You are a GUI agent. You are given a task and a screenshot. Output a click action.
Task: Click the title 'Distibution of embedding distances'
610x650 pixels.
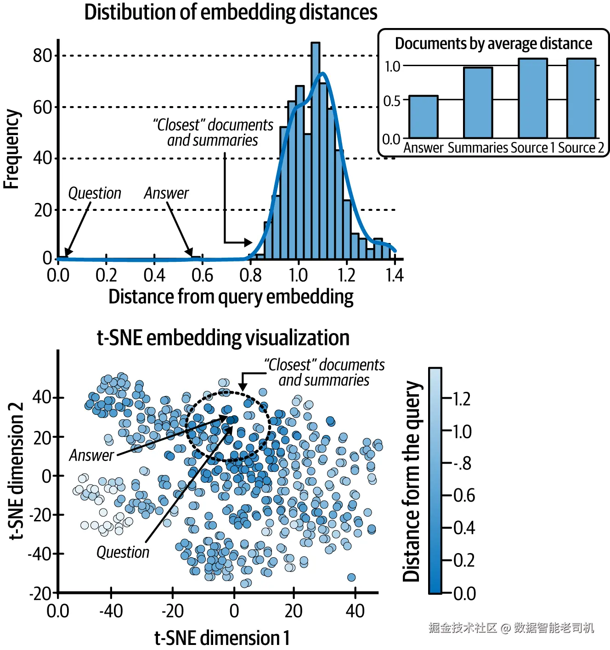click(231, 12)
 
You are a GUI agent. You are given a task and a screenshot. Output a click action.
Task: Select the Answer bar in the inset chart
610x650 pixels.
click(423, 117)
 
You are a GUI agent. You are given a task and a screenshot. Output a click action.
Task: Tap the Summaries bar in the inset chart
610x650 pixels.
click(478, 103)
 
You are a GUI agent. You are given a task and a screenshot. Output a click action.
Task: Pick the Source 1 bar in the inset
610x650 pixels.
click(533, 98)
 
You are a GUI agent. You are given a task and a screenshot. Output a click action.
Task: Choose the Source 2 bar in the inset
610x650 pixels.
click(581, 98)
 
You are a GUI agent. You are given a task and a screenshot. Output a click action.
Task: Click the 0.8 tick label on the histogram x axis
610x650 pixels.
click(250, 276)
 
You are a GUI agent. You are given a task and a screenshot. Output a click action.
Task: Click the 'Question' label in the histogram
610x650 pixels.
click(95, 193)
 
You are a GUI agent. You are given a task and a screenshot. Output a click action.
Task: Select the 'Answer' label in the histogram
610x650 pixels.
click(166, 193)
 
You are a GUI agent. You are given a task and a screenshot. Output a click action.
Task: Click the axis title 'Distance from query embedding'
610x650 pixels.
click(231, 297)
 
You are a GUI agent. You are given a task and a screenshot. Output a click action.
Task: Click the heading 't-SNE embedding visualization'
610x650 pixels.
click(223, 338)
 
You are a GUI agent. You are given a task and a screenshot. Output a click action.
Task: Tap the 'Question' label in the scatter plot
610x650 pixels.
click(123, 552)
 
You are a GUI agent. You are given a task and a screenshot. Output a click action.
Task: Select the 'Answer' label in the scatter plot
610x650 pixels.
click(91, 455)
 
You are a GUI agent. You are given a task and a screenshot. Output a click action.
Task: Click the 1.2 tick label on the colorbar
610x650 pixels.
click(462, 399)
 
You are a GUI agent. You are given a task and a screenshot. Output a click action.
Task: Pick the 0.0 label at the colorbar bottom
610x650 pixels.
click(464, 593)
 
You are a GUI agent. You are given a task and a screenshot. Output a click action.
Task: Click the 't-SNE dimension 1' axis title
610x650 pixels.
click(222, 638)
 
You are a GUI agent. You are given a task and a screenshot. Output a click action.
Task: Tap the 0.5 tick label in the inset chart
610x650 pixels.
click(392, 101)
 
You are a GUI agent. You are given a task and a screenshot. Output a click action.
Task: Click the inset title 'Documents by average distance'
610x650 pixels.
click(493, 44)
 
